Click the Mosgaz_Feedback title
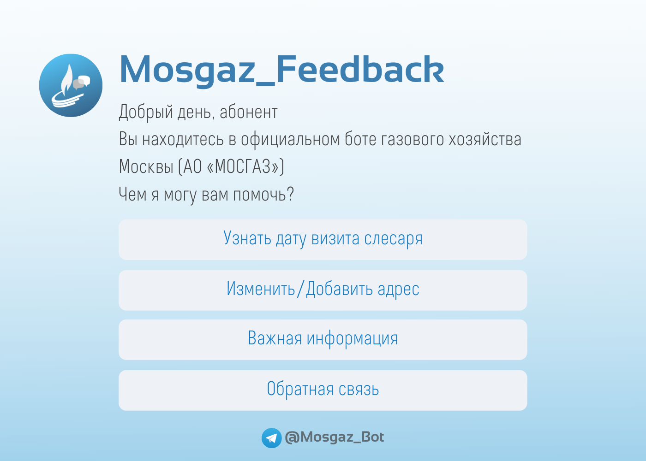[281, 70]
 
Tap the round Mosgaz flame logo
[71, 85]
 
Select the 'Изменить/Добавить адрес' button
[323, 290]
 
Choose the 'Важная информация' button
[323, 340]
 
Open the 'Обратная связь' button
[323, 390]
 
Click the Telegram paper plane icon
[271, 438]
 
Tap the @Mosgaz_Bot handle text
[334, 437]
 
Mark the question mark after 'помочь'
[291, 194]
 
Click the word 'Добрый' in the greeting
[146, 112]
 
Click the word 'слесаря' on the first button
[393, 239]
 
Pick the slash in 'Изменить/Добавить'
[300, 289]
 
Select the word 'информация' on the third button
[352, 339]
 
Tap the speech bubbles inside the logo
[81, 83]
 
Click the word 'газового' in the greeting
[413, 139]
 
